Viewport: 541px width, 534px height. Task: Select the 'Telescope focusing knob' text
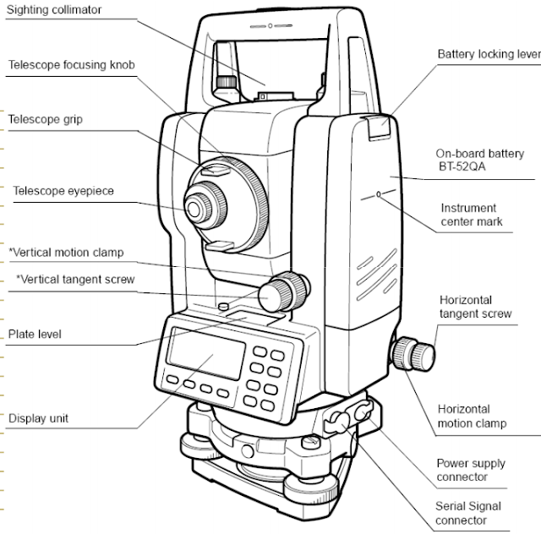point(71,64)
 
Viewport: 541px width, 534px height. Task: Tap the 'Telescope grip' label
point(45,119)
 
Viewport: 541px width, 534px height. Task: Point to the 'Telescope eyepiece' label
point(63,191)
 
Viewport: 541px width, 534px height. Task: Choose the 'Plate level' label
point(35,334)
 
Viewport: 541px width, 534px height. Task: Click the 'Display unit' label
point(38,417)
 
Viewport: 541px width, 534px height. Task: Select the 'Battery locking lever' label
point(489,54)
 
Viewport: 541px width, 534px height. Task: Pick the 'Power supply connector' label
point(471,470)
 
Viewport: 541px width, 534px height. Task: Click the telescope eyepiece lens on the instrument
point(200,205)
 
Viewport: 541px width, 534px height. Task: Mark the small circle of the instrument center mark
point(378,193)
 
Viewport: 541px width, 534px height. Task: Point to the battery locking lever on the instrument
point(380,127)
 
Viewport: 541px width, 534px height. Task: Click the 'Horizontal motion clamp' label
point(473,415)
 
